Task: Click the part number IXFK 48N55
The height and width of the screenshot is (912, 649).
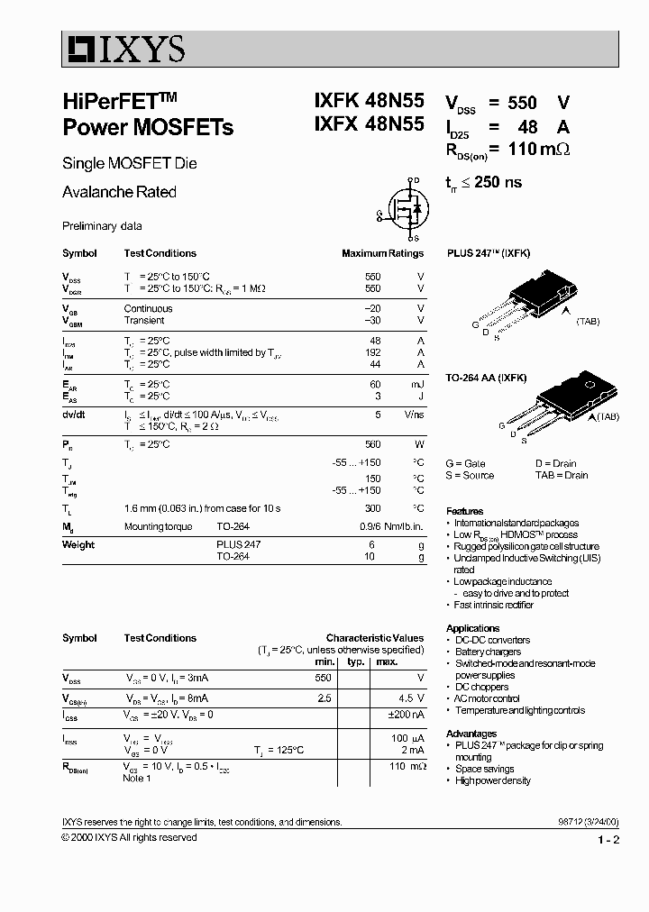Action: (x=357, y=103)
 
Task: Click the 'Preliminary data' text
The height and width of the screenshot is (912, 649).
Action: (x=102, y=226)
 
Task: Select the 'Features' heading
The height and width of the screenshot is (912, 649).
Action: (x=465, y=511)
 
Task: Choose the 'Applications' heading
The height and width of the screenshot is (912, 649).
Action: (x=473, y=628)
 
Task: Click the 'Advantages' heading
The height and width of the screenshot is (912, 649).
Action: (x=471, y=734)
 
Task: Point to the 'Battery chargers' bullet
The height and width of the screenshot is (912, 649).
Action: (x=487, y=652)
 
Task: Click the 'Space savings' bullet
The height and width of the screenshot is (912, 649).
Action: (x=486, y=769)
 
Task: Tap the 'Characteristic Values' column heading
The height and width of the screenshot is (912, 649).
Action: (x=374, y=638)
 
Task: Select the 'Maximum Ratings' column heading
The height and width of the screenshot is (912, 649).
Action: (x=382, y=253)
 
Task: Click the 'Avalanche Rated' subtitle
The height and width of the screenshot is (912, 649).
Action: (x=119, y=192)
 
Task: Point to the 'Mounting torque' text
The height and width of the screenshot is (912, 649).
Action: (x=156, y=526)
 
